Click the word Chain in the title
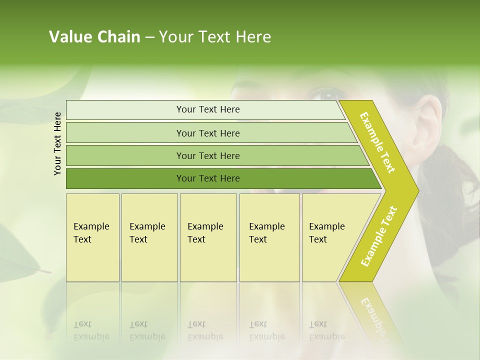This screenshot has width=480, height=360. [x=118, y=37]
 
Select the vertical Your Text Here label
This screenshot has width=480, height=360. [x=57, y=144]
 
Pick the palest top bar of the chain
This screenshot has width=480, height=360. [x=207, y=109]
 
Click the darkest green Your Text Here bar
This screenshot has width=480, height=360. [x=207, y=178]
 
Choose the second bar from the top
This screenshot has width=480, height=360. [x=207, y=133]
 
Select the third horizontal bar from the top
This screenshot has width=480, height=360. [x=207, y=155]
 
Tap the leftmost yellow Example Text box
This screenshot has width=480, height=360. [x=92, y=237]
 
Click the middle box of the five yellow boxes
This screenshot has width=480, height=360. [x=208, y=237]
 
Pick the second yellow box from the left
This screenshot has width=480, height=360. [x=149, y=237]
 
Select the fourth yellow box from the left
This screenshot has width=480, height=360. [x=269, y=237]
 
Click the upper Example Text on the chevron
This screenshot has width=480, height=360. [x=377, y=142]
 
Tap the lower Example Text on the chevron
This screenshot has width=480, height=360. [x=379, y=236]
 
